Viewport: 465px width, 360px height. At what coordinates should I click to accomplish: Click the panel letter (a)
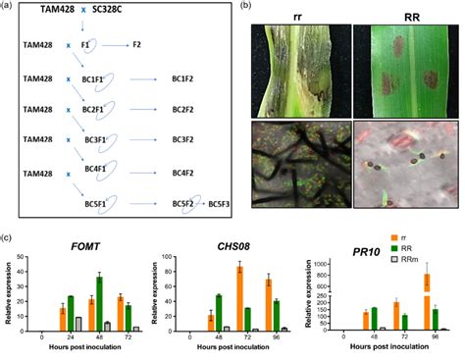tap(8, 8)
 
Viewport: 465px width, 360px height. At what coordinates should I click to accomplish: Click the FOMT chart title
tap(82, 245)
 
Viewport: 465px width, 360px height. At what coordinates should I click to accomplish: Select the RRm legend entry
tap(439, 291)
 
